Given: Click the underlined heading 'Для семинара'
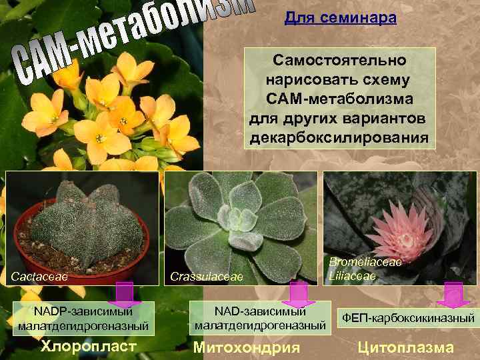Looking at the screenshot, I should pyautogui.click(x=340, y=18).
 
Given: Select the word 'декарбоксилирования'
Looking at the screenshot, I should pyautogui.click(x=340, y=139).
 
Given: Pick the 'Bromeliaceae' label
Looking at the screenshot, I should pyautogui.click(x=366, y=262).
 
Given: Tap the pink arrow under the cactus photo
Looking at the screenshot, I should pyautogui.click(x=124, y=294).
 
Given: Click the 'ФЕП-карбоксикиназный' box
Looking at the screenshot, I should pyautogui.click(x=407, y=317).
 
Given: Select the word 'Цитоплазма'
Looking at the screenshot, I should pyautogui.click(x=405, y=347).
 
